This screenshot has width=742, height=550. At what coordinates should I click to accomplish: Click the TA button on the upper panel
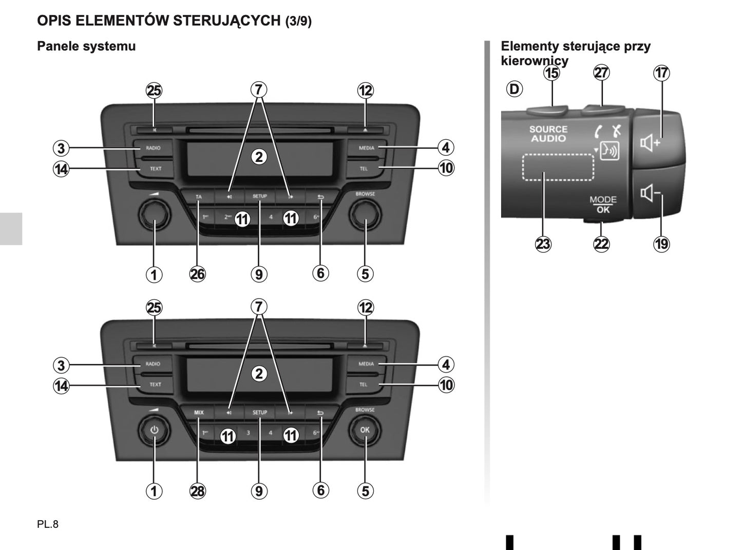(199, 196)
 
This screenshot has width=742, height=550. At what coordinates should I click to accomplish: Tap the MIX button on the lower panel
(199, 412)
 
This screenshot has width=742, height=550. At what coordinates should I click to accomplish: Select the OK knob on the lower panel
(365, 430)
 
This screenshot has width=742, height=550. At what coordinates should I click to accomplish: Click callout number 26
(197, 274)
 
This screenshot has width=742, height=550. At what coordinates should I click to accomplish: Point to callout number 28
(197, 491)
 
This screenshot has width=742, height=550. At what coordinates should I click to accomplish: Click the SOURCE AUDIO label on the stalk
(548, 134)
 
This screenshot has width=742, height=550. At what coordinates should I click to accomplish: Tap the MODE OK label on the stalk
(603, 204)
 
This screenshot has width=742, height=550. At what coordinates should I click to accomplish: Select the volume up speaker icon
(650, 142)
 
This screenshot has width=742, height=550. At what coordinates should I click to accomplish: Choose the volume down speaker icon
(650, 194)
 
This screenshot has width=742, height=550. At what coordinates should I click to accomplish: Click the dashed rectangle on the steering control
(558, 167)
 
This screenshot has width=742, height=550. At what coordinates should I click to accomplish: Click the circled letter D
(513, 89)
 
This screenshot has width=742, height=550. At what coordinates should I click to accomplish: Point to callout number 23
(543, 244)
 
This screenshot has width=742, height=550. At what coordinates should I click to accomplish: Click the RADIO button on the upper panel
(153, 148)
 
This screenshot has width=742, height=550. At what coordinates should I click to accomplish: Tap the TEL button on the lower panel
(364, 384)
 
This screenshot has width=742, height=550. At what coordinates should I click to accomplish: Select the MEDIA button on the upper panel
(366, 148)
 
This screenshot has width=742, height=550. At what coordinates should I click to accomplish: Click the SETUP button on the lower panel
(259, 412)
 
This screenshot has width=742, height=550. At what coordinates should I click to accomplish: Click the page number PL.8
(48, 524)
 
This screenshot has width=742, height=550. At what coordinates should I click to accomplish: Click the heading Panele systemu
(86, 46)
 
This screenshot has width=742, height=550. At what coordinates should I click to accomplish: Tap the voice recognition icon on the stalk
(610, 151)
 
